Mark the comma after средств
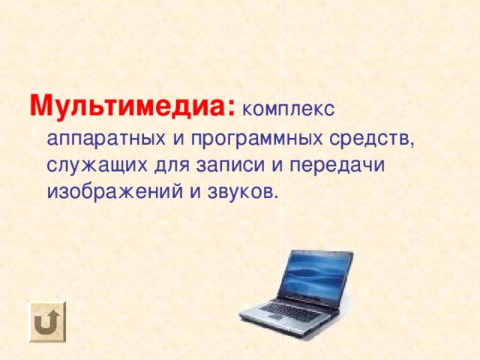[x=412, y=144]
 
